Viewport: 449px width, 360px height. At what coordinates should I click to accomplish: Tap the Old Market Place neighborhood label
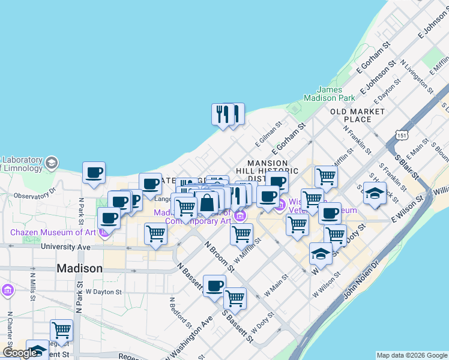pyautogui.click(x=357, y=115)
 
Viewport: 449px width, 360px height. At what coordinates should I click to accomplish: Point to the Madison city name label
pyautogui.click(x=79, y=268)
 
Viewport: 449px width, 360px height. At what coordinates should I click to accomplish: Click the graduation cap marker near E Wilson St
pyautogui.click(x=375, y=193)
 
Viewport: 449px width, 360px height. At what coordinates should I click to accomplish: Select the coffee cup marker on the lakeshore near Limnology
pyautogui.click(x=94, y=173)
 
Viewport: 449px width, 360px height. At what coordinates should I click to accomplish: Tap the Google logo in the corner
pyautogui.click(x=20, y=353)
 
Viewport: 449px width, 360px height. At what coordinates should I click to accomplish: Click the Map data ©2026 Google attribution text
pyautogui.click(x=412, y=355)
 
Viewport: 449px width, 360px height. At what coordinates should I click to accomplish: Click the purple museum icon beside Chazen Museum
pyautogui.click(x=104, y=232)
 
